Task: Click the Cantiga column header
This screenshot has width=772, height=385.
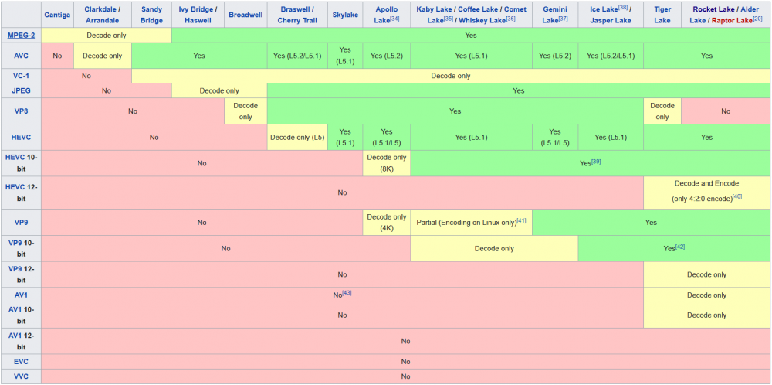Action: click(x=57, y=15)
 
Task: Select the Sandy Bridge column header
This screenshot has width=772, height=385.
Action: click(x=151, y=15)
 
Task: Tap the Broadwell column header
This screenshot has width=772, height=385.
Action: click(x=245, y=15)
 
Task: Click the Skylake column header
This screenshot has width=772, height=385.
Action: click(x=344, y=15)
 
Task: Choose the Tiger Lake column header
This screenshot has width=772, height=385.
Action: click(x=662, y=15)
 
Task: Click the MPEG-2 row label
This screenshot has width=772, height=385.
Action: click(x=21, y=36)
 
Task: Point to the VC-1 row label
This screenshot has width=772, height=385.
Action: click(x=21, y=76)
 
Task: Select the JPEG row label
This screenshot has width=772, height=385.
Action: click(x=21, y=90)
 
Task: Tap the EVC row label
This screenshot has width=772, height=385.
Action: click(x=21, y=362)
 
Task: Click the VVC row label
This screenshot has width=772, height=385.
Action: click(x=21, y=376)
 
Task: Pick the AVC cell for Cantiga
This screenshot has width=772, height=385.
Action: click(x=57, y=56)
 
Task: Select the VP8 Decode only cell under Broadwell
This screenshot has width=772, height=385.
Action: click(x=245, y=111)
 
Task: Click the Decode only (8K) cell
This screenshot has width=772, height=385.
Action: click(x=387, y=163)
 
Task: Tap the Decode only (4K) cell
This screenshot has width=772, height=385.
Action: click(x=387, y=223)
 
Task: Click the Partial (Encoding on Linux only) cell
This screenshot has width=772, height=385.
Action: click(x=471, y=223)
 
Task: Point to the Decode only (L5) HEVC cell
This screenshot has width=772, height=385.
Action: click(x=297, y=138)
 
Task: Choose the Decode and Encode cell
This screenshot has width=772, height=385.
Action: click(x=706, y=189)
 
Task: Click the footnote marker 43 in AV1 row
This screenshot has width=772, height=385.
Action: click(x=347, y=292)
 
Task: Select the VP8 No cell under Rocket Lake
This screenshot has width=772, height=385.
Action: click(x=726, y=111)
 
